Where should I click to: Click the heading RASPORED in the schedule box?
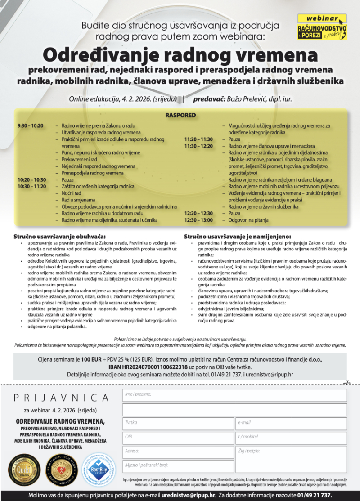[x=180, y=115]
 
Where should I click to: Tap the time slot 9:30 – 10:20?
[x=31, y=125]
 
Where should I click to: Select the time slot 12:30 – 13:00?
[x=198, y=220]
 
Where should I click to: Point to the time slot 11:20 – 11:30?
[x=198, y=139]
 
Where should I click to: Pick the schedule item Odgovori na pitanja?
[x=248, y=220]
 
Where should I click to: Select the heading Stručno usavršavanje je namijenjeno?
[x=237, y=236]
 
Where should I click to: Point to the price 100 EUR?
[x=91, y=360]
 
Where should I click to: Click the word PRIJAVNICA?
[x=61, y=398]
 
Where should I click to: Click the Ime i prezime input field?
[x=234, y=396]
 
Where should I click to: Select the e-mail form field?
[x=291, y=424]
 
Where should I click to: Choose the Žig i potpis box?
[x=291, y=459]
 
